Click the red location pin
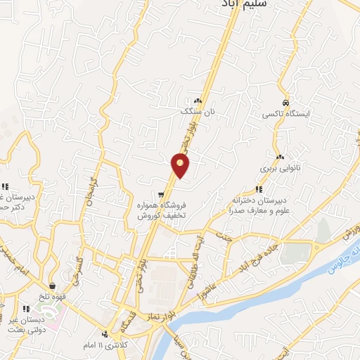point(181,166)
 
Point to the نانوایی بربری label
point(281,169)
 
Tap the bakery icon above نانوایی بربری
point(281,157)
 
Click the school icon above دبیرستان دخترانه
point(259,188)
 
